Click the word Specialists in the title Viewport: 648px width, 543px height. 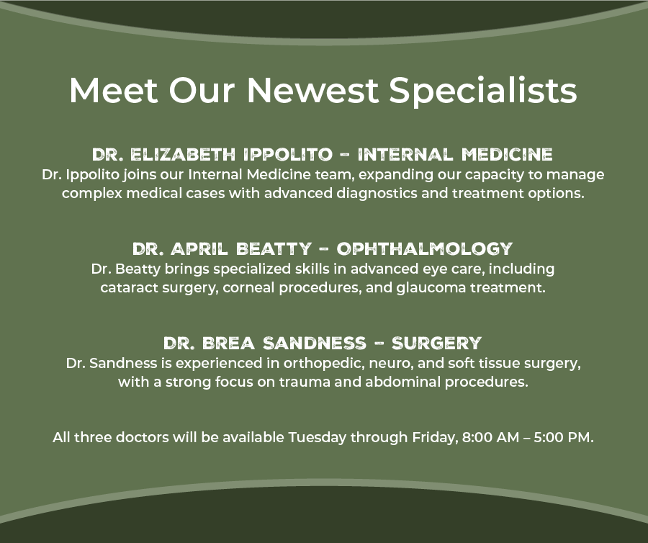[x=482, y=91]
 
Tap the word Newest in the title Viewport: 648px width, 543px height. [x=312, y=91]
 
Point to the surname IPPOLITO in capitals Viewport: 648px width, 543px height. [x=287, y=155]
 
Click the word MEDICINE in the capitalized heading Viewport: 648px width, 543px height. [x=507, y=155]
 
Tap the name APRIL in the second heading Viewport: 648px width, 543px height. [x=199, y=248]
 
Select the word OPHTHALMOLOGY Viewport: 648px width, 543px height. [x=424, y=248]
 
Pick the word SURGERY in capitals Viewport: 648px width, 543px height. [x=436, y=343]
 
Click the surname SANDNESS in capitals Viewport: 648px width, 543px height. [x=315, y=343]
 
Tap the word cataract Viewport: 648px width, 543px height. [x=129, y=287]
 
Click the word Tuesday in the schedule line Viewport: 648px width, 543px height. [x=317, y=438]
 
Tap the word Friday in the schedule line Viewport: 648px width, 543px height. [x=435, y=438]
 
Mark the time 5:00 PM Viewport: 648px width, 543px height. [x=564, y=437]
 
